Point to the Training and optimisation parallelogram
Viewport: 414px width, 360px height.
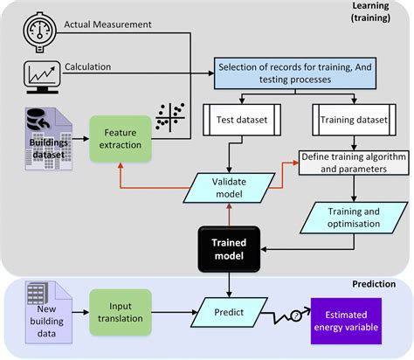coord(349,217)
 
